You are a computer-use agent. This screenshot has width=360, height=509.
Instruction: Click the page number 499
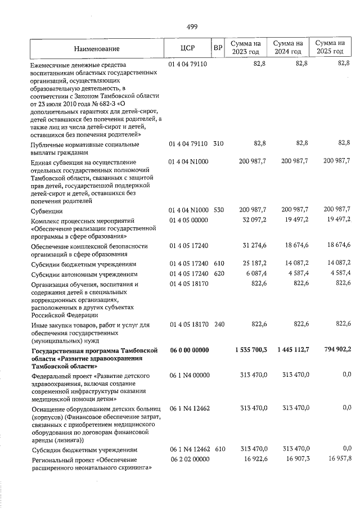(191, 26)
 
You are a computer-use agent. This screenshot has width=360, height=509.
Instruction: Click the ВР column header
(218, 48)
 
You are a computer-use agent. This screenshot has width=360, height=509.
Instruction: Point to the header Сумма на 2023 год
(245, 48)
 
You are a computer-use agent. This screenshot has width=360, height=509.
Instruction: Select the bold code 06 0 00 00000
(189, 350)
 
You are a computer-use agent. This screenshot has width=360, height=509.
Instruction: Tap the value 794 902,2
(333, 350)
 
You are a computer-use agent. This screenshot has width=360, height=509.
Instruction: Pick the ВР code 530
(218, 210)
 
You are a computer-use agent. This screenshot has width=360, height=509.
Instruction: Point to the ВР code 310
(218, 144)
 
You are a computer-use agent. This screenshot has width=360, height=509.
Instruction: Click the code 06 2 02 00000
(189, 460)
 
